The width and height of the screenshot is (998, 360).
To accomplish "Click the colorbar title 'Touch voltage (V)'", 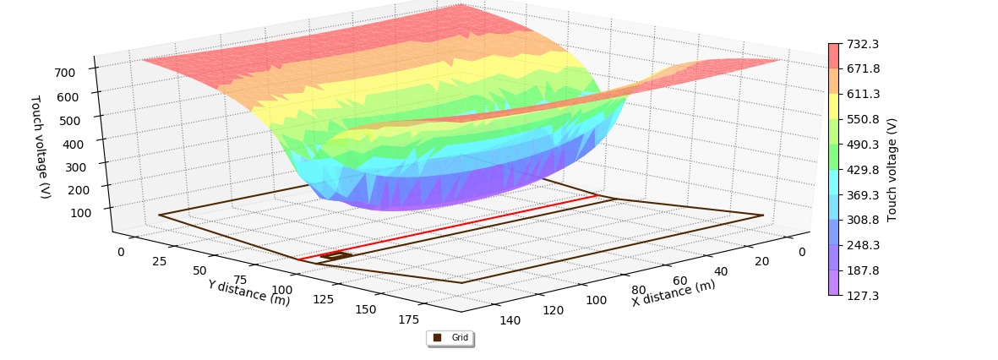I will click(892, 169).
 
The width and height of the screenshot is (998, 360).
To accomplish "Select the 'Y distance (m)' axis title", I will click(248, 292).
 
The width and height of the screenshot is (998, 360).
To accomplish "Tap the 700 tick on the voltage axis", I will click(65, 73).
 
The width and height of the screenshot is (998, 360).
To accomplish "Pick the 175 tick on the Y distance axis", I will click(408, 319).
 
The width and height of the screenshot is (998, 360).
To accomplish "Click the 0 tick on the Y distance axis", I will click(120, 252).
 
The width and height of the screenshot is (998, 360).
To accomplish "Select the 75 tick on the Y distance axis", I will click(241, 280).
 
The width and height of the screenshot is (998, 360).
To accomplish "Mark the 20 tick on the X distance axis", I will click(761, 261).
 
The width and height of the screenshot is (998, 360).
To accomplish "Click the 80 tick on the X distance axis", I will click(639, 290).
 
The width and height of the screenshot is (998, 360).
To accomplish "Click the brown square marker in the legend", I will click(437, 338).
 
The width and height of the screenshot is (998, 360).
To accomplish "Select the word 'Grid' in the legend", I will click(460, 338).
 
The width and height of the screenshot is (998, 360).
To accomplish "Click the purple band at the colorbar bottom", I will click(834, 282).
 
